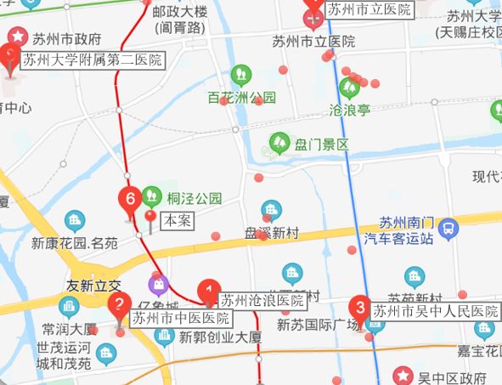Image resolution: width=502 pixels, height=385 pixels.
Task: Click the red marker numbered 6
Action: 130,201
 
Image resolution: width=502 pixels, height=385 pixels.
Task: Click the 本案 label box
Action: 178,219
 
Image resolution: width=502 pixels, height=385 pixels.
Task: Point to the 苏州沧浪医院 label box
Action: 262,300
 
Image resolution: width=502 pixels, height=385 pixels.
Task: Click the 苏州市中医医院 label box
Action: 181,319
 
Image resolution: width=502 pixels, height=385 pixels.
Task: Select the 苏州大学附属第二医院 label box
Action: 92,60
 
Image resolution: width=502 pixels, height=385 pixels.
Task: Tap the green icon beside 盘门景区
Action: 279,144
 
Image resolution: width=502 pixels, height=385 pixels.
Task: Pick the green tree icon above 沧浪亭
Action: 347,88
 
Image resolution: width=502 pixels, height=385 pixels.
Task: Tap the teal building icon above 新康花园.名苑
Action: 75,223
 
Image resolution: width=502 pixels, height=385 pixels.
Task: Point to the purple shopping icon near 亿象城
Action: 158,284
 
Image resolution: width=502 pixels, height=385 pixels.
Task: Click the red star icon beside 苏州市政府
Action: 16,38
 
